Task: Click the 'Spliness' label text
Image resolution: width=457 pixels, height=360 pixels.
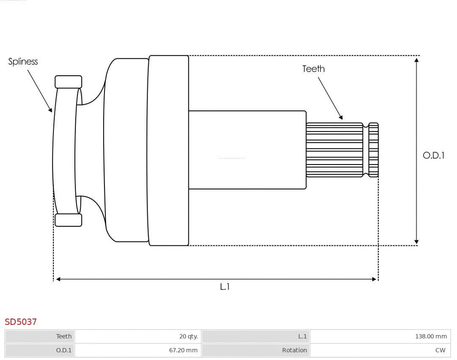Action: coord(23,62)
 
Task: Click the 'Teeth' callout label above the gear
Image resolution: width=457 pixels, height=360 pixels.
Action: coord(313,69)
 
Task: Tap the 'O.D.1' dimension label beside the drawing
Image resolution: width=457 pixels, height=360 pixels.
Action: coord(433,155)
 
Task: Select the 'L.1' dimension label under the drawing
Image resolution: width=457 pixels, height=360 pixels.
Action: coord(225,287)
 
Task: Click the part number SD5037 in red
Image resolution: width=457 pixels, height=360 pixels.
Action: coord(21,322)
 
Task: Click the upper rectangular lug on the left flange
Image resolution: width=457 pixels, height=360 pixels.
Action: coord(68,82)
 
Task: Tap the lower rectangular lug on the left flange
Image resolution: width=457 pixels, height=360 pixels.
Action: coord(68,220)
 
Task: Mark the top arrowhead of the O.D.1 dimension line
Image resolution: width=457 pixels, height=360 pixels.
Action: coord(417,60)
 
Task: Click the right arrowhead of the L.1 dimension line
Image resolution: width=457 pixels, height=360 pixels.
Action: coord(374,279)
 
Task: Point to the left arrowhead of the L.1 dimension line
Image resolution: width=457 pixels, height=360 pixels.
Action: coord(58,279)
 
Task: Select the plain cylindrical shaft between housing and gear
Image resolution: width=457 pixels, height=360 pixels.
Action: coord(247,150)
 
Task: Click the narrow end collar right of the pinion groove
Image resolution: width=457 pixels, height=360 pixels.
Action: coord(373,150)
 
